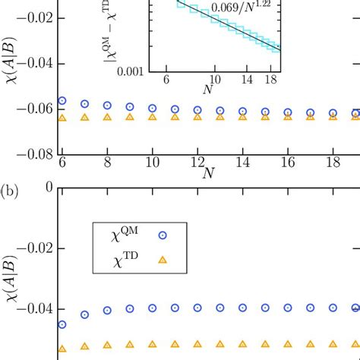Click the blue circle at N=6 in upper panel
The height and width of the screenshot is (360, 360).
point(62,101)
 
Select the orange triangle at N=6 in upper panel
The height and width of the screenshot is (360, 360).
point(62,118)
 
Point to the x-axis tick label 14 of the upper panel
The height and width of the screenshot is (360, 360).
point(242,163)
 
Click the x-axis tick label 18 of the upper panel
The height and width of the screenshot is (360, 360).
point(332,163)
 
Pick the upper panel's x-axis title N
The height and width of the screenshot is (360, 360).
point(207,175)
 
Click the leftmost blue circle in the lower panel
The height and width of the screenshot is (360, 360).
point(62,324)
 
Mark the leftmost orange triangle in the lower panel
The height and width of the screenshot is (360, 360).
point(62,348)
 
